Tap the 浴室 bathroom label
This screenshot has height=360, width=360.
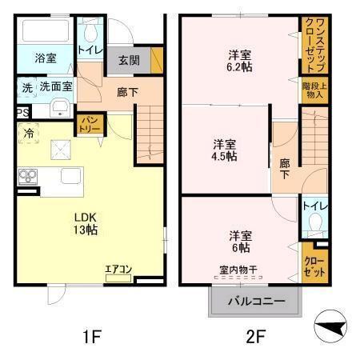pyautogui.click(x=46, y=58)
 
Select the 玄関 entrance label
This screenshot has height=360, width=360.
pyautogui.click(x=129, y=60)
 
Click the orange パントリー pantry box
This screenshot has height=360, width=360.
pyautogui.click(x=87, y=124)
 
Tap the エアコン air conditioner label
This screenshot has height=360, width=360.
pyautogui.click(x=118, y=269)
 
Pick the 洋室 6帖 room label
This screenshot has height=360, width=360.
pyautogui.click(x=240, y=241)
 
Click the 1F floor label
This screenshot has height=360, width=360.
pyautogui.click(x=92, y=337)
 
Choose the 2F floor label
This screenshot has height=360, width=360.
pyautogui.click(x=254, y=337)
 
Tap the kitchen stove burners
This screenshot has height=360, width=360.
pyautogui.click(x=26, y=177)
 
